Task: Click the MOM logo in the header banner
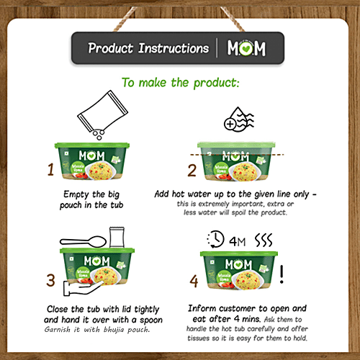click(246, 48)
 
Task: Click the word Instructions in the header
click(174, 48)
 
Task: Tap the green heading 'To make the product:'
click(181, 83)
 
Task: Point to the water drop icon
click(239, 120)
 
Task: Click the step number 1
click(50, 169)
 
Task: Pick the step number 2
click(192, 171)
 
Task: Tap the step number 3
click(50, 280)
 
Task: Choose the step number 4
click(194, 281)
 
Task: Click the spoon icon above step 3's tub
click(83, 242)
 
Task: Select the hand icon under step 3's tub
click(81, 288)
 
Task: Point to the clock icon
click(215, 239)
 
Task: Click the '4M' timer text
click(237, 241)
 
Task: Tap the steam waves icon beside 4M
click(264, 240)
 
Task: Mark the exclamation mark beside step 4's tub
click(282, 274)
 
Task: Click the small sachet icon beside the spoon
click(117, 237)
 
